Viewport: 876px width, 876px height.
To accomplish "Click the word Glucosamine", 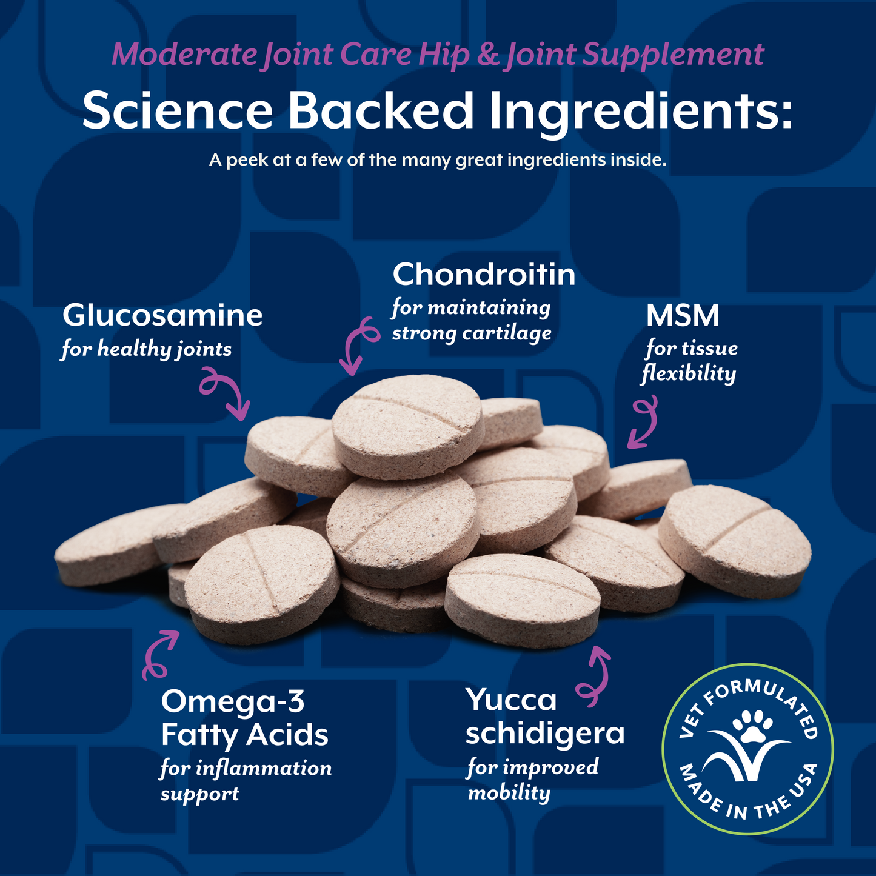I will point(162,316).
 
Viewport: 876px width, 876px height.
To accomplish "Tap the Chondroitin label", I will point(484,275).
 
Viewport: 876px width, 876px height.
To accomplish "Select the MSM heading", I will point(682,316).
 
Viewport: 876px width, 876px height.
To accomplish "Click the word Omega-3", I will point(233,702).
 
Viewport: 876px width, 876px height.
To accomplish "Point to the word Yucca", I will point(511,700).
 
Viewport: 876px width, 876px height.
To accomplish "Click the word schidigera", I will point(544,734).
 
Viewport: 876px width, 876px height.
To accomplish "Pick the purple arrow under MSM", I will point(644,423).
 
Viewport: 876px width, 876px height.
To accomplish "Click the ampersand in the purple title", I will point(487,55).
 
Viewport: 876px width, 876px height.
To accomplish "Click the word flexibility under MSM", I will point(689,374).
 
